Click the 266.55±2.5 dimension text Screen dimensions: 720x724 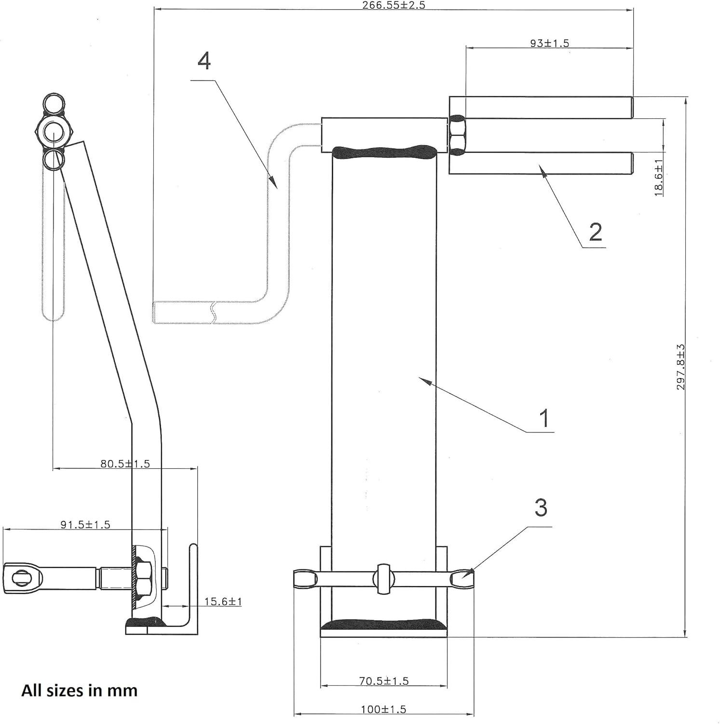click(x=394, y=5)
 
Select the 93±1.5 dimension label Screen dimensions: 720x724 click(x=549, y=43)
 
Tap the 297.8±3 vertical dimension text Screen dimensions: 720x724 click(x=680, y=367)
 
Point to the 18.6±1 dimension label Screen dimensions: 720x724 click(x=658, y=178)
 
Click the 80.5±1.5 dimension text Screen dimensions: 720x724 click(x=125, y=464)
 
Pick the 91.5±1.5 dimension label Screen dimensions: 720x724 click(x=85, y=524)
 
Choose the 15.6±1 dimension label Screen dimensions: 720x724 click(x=223, y=601)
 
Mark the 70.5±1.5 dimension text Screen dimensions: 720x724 click(x=383, y=681)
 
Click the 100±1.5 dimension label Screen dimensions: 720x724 click(x=383, y=710)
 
